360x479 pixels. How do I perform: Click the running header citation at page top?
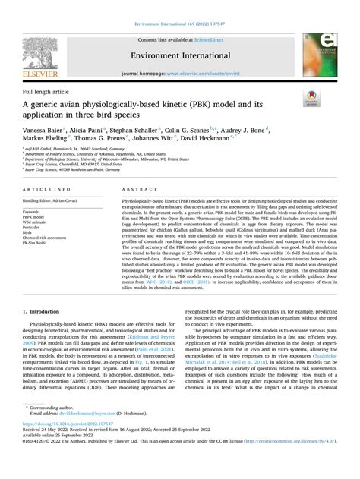pos(180,5)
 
